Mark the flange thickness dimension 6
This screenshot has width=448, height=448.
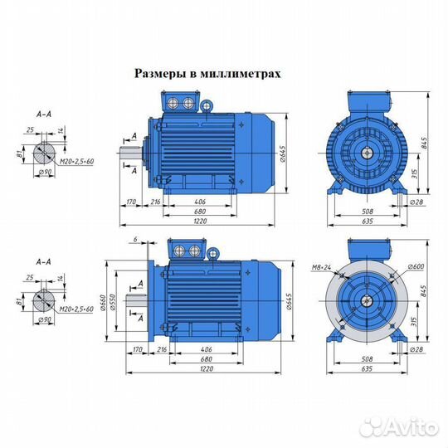pos(135,240)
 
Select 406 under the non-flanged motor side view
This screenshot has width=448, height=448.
pos(200,202)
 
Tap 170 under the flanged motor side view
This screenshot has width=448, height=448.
pos(138,348)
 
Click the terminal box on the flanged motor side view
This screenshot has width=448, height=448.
pos(185,250)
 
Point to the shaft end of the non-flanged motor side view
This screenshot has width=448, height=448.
pos(134,151)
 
